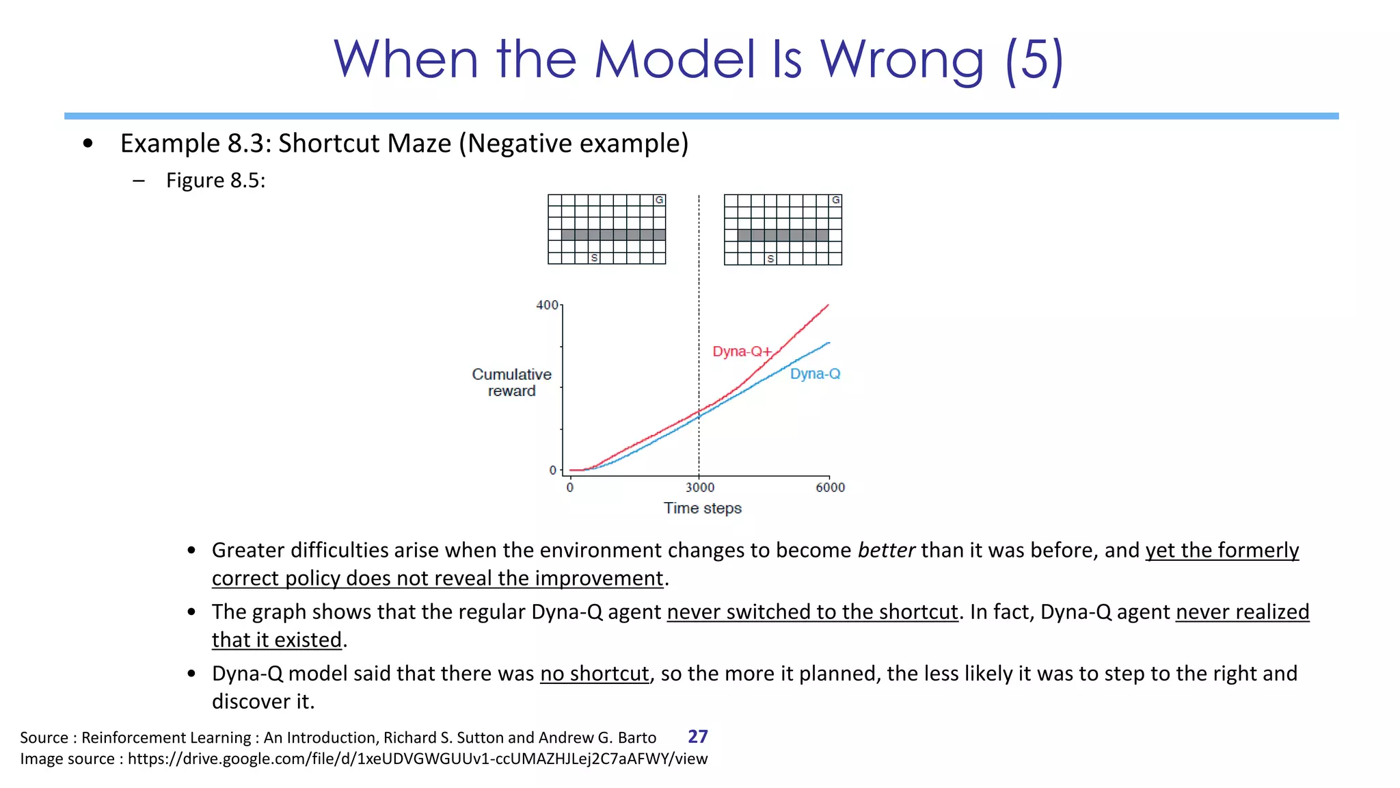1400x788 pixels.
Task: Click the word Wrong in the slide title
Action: [x=902, y=60]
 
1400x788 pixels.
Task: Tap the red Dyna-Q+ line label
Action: [x=742, y=352]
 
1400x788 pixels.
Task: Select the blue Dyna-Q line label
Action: [x=815, y=374]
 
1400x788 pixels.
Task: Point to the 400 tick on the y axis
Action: [x=547, y=305]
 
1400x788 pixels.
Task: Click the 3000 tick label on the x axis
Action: [x=700, y=488]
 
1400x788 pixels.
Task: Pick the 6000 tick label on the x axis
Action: [x=830, y=488]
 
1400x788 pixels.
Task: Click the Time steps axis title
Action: [x=702, y=508]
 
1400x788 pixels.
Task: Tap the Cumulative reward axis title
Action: [x=511, y=383]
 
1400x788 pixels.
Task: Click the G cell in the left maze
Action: [x=659, y=200]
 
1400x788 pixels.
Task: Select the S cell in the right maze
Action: [x=770, y=259]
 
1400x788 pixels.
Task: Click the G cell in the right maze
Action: [x=835, y=200]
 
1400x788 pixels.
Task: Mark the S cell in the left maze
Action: [x=594, y=259]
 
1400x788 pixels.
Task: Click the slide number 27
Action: [x=697, y=737]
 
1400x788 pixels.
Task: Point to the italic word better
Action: [x=886, y=551]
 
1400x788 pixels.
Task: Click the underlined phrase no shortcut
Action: [x=594, y=674]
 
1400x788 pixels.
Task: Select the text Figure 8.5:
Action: [x=215, y=181]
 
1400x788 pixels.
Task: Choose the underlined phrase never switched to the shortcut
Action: [x=812, y=612]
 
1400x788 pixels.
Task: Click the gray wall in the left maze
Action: [x=613, y=235]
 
